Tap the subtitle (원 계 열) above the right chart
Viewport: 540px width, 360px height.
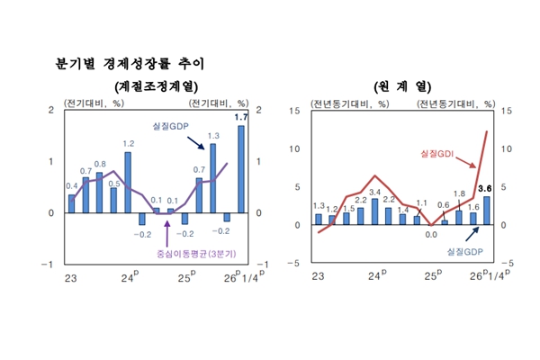[x=402, y=86]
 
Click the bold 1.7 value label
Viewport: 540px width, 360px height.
[x=241, y=118]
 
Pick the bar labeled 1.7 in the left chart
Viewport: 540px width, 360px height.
[x=241, y=169]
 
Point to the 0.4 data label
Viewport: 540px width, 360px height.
[x=72, y=186]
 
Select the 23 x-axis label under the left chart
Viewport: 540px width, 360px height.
[x=70, y=276]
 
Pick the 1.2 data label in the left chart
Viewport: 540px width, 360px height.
[x=129, y=144]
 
